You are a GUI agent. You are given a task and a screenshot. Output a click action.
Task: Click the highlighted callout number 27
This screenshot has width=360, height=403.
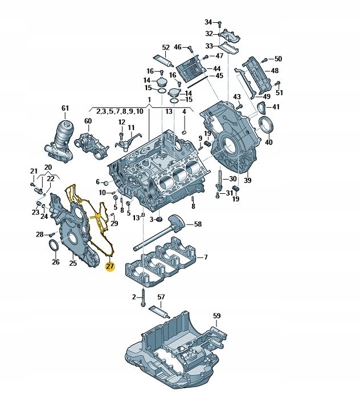[110, 266]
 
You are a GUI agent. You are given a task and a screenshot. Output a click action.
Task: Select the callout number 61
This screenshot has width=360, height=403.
[65, 108]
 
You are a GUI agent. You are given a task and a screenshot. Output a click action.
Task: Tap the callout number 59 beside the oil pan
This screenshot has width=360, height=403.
[216, 315]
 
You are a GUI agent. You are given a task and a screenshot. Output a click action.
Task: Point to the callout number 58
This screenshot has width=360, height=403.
[198, 225]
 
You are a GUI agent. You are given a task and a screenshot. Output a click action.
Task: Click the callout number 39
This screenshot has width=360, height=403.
[247, 180]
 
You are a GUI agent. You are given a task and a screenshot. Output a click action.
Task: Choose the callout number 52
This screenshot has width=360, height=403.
[166, 47]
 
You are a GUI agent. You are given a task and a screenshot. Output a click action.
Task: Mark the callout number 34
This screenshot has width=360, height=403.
[208, 22]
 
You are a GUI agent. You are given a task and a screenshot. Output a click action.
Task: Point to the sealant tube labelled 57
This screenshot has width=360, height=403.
[159, 312]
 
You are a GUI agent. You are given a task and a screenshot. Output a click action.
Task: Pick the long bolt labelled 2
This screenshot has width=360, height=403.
[143, 300]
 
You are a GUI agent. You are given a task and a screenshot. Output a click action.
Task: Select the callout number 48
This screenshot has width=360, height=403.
[275, 71]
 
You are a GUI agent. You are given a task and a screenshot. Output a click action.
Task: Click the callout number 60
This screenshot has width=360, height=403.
[88, 121]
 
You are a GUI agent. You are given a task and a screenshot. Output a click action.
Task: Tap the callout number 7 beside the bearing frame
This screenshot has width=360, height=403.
[206, 258]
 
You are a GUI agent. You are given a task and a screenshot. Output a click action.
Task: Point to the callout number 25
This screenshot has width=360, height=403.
[73, 263]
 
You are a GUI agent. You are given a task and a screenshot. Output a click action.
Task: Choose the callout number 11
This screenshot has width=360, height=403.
[131, 128]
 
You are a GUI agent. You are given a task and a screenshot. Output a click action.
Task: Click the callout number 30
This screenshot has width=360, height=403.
[232, 179]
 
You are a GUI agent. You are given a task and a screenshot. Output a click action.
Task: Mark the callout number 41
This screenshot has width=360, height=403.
[276, 107]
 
